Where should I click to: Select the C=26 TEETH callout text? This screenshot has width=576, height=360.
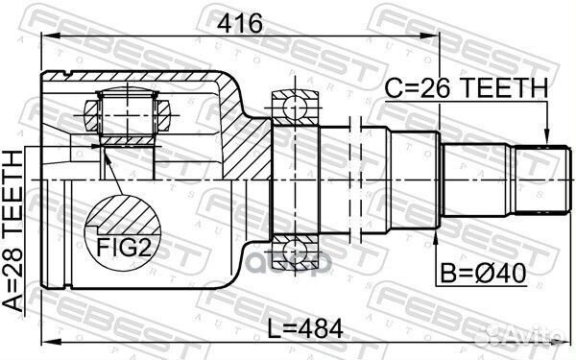coord(467,88)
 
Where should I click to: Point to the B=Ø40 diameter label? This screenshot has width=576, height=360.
coord(484,273)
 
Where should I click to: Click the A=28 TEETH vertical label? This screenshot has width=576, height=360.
coord(13,231)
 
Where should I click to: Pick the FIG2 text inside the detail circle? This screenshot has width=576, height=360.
coord(124,247)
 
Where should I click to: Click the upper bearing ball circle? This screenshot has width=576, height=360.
coord(295,108)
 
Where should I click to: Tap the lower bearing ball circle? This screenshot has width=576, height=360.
coord(295,252)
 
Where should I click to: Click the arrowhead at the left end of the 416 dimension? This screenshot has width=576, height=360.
coord(51,36)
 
